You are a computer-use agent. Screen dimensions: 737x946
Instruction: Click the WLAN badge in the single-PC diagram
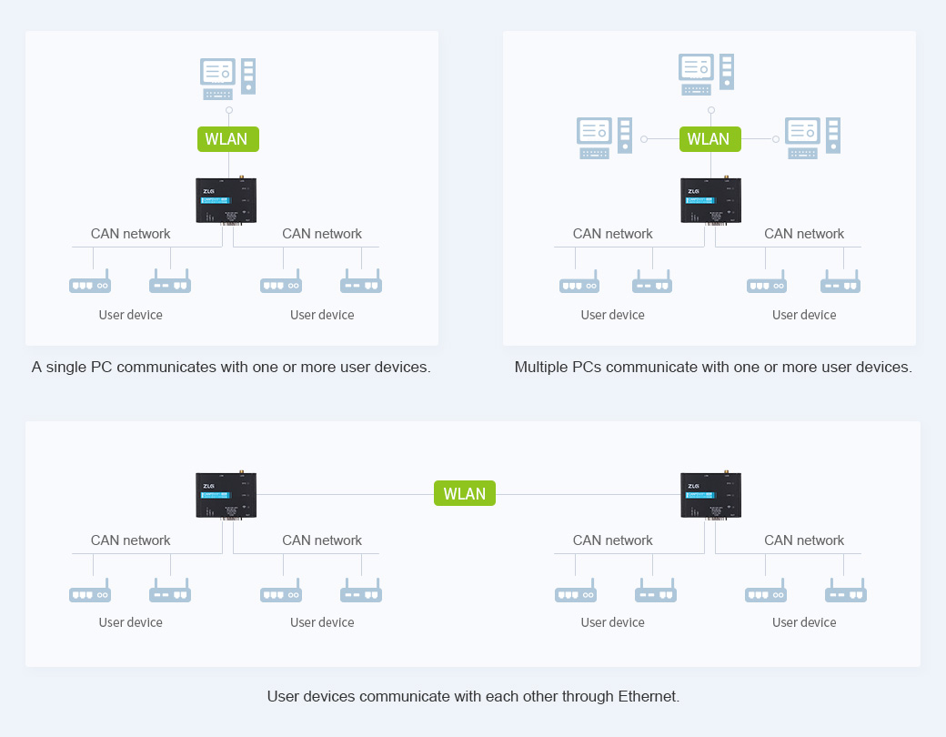tap(227, 139)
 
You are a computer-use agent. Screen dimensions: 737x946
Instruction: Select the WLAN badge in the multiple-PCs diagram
tap(709, 139)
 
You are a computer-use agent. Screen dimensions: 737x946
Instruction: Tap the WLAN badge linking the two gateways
tap(465, 493)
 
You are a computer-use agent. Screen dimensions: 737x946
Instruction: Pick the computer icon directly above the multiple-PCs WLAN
tap(707, 74)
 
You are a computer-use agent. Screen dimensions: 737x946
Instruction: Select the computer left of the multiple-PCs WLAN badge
tap(604, 137)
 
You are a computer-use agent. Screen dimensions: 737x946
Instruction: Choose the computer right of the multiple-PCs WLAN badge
tap(812, 137)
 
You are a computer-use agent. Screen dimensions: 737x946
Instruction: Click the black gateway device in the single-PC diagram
tap(226, 200)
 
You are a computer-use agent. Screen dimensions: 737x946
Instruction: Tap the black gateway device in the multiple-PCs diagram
tap(710, 200)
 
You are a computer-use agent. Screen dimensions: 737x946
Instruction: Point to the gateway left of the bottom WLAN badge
tap(226, 495)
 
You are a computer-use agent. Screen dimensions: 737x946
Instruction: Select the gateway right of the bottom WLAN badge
tap(710, 495)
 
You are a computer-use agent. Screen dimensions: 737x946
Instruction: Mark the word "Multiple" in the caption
tap(543, 368)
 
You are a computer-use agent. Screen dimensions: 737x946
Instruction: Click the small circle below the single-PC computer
tap(229, 110)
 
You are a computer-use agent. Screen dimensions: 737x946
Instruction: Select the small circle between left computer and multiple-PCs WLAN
tap(644, 139)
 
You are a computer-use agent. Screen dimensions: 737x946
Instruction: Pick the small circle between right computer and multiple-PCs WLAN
tap(776, 139)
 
